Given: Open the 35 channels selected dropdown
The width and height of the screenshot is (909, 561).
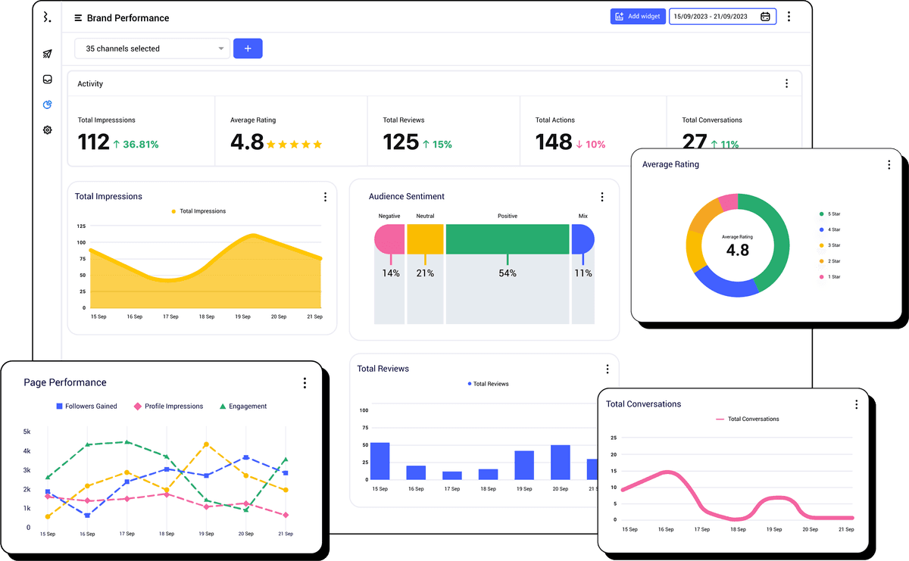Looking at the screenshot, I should [151, 48].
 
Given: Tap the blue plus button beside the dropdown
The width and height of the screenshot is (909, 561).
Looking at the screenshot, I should [248, 48].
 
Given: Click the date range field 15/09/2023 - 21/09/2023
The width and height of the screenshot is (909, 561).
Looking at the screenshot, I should [722, 17].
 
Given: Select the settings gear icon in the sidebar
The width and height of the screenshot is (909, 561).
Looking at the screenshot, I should [47, 130].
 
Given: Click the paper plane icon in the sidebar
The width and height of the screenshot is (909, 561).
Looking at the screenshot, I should [47, 54].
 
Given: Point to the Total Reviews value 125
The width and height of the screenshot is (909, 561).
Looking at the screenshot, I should [401, 142].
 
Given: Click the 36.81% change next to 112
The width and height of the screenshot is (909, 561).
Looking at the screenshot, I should [136, 144].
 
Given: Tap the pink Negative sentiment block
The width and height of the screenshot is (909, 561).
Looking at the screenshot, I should [389, 238].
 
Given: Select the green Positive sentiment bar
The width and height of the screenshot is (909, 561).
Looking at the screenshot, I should [507, 238].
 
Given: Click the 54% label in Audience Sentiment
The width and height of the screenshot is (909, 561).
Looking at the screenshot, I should [507, 273].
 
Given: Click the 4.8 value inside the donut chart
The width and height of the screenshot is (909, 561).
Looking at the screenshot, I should [737, 250].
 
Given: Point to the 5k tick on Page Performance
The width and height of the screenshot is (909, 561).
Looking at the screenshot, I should [27, 432].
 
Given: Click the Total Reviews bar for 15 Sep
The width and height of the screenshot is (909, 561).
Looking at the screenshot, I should [380, 460].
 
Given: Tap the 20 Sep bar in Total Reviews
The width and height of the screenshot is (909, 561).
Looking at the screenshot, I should [560, 462].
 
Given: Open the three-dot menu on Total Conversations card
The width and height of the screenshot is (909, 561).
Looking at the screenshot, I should [856, 404].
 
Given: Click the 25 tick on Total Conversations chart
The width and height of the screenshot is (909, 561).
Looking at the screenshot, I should [614, 438].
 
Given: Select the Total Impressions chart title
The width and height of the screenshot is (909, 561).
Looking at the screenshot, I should [108, 196].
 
